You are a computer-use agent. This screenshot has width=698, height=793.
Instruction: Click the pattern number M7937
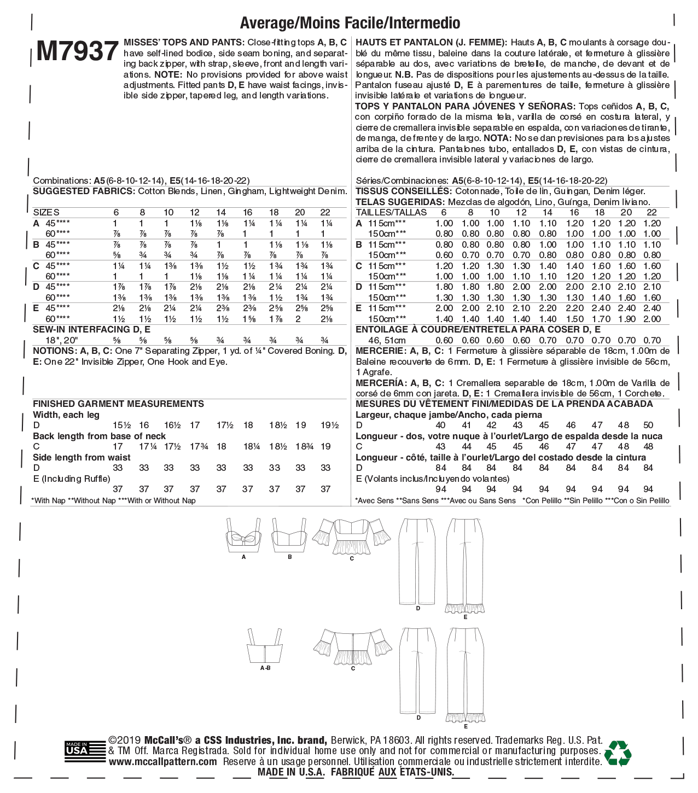[78, 51]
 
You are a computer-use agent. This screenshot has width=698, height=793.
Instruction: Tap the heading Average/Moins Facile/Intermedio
[350, 22]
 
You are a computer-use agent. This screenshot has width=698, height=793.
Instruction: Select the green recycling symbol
[618, 753]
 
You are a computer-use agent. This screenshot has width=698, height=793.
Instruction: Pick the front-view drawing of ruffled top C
[352, 536]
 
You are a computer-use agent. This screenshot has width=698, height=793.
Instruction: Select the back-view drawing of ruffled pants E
[466, 675]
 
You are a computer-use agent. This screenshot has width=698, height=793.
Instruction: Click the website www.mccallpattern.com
[162, 761]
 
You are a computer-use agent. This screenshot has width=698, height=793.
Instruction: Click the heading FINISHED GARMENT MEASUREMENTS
[118, 404]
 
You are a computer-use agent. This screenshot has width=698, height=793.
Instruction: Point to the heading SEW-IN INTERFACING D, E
[91, 329]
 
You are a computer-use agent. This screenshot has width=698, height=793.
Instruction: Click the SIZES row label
[46, 212]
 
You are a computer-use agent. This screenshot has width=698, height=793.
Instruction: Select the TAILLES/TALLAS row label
[391, 212]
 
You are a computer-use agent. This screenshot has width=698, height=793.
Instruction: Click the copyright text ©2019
[125, 740]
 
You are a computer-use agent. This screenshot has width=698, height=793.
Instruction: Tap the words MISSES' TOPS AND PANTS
[184, 42]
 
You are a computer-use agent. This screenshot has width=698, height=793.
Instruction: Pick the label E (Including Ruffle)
[71, 479]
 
